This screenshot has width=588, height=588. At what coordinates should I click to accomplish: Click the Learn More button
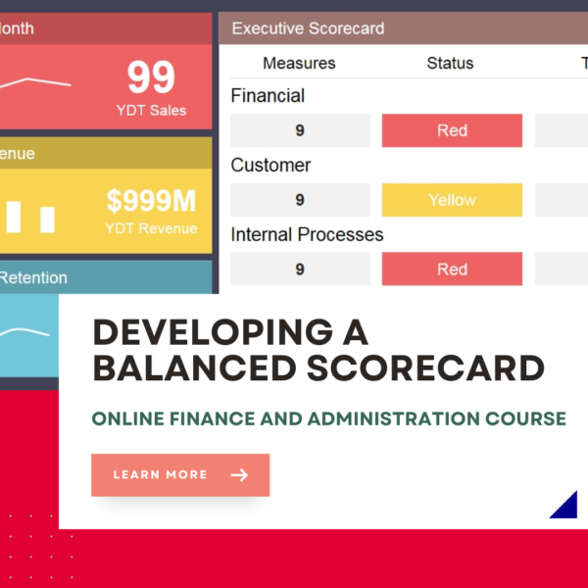(179, 475)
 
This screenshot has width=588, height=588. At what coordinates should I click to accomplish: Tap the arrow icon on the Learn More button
(238, 475)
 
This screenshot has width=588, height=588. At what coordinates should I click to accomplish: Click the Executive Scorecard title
(308, 28)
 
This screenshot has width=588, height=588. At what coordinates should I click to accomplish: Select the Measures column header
(299, 63)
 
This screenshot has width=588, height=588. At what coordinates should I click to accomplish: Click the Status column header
(450, 63)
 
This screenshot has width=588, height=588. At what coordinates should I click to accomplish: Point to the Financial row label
(268, 96)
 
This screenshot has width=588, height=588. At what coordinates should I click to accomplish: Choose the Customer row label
(270, 165)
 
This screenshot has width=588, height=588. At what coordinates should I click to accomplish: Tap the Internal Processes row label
(307, 234)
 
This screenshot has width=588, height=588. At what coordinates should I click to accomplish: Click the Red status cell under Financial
(452, 130)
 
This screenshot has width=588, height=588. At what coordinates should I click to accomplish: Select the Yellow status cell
(452, 200)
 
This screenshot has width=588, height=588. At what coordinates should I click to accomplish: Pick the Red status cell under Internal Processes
(452, 269)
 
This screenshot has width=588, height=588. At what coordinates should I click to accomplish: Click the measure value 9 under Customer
(300, 200)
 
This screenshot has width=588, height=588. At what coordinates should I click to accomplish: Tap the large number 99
(151, 77)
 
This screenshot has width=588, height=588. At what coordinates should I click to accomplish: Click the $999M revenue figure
(151, 202)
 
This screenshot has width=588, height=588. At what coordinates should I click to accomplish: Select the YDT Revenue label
(151, 228)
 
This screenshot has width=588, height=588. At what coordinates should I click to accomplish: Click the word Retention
(33, 277)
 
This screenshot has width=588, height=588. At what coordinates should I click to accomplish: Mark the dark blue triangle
(566, 506)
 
